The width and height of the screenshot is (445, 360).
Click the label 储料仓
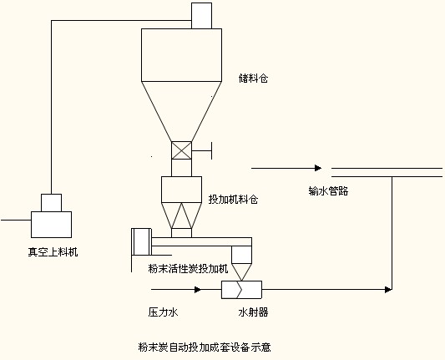253,78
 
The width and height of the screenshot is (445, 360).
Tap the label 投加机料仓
233,200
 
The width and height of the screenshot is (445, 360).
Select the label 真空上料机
53,251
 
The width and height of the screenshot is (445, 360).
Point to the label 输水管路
328,190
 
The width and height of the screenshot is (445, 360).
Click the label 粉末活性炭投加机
188,268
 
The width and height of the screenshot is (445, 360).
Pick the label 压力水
163,312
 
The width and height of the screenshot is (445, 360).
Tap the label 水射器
253,312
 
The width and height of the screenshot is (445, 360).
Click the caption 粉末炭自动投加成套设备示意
205,347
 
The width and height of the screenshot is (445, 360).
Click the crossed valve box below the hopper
181,150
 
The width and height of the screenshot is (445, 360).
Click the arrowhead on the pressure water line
198,290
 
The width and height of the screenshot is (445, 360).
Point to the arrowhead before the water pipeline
318,168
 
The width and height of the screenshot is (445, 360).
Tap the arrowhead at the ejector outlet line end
388,290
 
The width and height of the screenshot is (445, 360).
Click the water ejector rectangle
241,290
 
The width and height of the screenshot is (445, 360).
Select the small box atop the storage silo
201,16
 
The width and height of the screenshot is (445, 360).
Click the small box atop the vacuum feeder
52,203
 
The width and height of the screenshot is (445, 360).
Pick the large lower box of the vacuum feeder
52,225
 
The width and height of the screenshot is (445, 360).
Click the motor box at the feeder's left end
142,241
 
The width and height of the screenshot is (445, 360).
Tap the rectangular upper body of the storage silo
182,55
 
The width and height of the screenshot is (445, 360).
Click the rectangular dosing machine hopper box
182,190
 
